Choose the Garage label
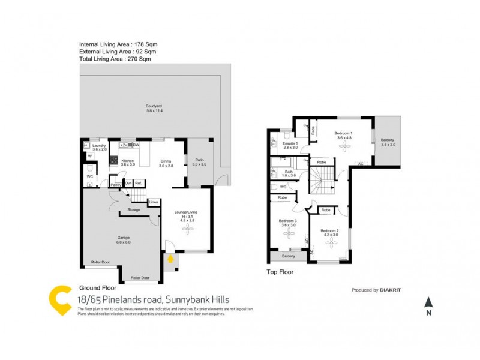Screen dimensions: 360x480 coord(123,239)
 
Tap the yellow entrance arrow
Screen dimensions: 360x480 coord(171,259)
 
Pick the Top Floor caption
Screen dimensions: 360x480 coord(280,272)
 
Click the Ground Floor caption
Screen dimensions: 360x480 coord(97,287)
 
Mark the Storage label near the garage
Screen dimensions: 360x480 coord(133,210)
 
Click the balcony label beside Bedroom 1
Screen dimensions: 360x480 coord(388,142)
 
